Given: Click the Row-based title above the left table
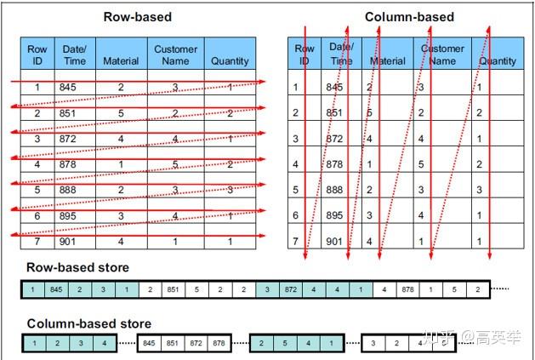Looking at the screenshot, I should (137, 16).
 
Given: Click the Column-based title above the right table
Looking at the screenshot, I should (409, 16).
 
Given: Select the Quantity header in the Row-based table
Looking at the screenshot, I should (230, 61).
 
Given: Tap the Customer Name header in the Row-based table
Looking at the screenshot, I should (175, 55).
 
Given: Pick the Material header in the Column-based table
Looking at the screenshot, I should (388, 61).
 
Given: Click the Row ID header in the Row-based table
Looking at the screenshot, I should (37, 55).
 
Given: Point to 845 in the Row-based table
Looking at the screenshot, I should (68, 87).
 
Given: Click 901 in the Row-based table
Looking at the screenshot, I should (68, 242).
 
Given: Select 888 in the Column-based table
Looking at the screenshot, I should (335, 191).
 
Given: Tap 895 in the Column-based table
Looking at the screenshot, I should (335, 216).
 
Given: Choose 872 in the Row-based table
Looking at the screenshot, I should (68, 139).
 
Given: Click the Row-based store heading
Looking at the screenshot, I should (78, 268).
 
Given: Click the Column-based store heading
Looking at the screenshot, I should (89, 323).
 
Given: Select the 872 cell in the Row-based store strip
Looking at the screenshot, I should (291, 289).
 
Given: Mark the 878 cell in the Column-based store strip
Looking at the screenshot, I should (219, 344).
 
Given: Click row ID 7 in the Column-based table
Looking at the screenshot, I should (295, 243).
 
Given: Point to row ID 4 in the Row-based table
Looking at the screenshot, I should (37, 164).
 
